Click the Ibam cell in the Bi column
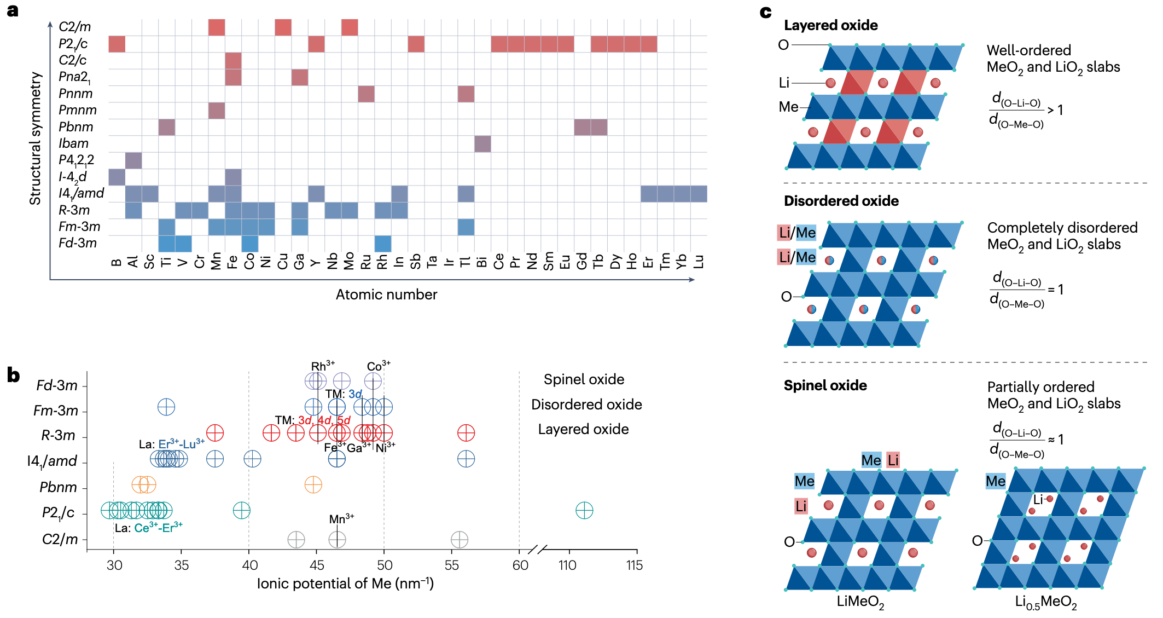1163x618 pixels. [482, 144]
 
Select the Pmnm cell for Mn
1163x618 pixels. [217, 111]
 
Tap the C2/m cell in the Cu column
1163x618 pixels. [283, 27]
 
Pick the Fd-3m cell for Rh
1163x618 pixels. [383, 244]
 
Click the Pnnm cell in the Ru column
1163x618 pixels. [366, 94]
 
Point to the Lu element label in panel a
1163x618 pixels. [699, 261]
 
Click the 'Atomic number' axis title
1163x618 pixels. [386, 294]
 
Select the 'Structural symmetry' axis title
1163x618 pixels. [36, 138]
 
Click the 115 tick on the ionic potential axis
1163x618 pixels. [635, 565]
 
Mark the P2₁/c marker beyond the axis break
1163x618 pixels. [584, 511]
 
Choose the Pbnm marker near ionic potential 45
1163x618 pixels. [313, 484]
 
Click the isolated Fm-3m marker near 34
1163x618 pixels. [166, 407]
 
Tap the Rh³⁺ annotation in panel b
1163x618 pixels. [323, 366]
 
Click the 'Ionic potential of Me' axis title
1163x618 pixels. [345, 584]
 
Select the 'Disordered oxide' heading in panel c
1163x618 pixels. [841, 201]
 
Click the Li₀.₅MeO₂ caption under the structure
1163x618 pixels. [1045, 602]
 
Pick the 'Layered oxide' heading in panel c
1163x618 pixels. [830, 25]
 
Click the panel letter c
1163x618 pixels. [765, 12]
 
